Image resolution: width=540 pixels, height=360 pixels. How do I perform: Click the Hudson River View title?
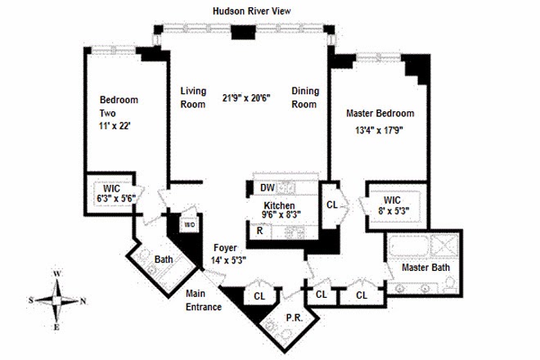pos(252,11)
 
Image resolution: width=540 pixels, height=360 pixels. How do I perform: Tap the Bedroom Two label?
pos(119,106)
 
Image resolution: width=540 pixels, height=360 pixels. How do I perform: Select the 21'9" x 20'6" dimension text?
pos(246,98)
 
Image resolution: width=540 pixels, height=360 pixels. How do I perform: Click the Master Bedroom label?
pos(380,114)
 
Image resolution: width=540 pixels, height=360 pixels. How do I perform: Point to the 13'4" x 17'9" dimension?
pos(379,130)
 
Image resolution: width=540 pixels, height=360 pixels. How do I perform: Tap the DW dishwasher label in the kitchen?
pos(268,187)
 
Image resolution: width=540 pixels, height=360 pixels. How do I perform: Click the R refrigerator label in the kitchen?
pos(259,231)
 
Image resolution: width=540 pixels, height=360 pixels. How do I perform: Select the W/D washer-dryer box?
pos(190,225)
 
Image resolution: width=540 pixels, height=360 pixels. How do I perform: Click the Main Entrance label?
pos(204,300)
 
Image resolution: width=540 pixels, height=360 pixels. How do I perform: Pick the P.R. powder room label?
pos(295,318)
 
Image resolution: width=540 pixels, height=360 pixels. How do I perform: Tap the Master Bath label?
pos(425,268)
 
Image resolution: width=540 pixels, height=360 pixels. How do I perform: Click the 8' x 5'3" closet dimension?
pos(394,211)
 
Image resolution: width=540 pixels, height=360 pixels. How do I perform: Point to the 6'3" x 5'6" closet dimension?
pos(116,199)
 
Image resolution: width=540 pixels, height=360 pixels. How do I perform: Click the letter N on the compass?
pos(83,301)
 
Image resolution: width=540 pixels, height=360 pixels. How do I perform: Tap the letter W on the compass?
pos(57,274)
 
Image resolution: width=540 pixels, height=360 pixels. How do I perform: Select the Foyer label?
pos(225,248)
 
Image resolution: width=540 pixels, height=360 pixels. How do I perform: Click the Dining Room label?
pos(305,97)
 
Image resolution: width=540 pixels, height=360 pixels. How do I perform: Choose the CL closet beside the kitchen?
pos(332,205)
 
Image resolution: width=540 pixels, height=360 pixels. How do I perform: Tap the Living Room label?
pos(193,97)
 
